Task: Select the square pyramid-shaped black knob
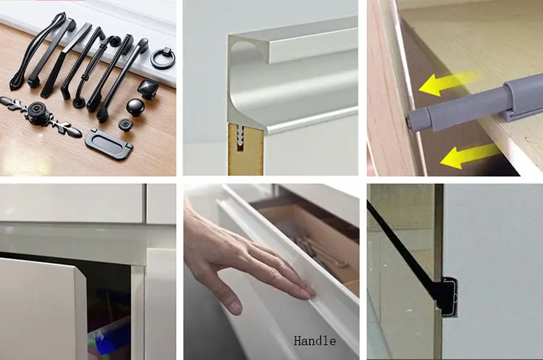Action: pos(148,89)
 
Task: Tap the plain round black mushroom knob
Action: pos(135,107)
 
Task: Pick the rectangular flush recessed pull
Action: pos(109,143)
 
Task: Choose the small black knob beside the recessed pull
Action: pos(125,125)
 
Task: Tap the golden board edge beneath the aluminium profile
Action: pos(245,149)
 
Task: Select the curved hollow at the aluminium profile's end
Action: pos(243,52)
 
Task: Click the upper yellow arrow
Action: pos(448,83)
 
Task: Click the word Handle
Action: pos(315,341)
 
